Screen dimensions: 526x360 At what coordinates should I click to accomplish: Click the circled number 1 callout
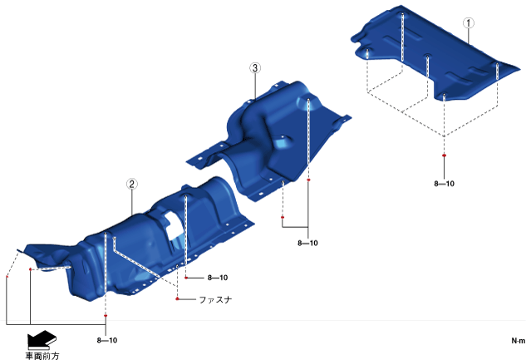[469, 23]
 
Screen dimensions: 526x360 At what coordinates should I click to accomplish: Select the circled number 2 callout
[132, 185]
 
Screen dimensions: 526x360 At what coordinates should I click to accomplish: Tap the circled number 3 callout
[255, 68]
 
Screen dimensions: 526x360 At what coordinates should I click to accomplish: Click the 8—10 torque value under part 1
[444, 184]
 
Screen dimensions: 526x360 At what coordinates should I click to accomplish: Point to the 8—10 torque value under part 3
[307, 243]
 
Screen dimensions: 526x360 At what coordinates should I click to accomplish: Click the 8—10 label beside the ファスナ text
[218, 278]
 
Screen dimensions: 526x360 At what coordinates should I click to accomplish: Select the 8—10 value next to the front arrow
[107, 340]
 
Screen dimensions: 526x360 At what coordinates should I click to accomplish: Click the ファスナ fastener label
[215, 299]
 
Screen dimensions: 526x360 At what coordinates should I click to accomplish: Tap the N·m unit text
[519, 341]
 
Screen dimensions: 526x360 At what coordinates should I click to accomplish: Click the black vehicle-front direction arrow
[42, 339]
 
